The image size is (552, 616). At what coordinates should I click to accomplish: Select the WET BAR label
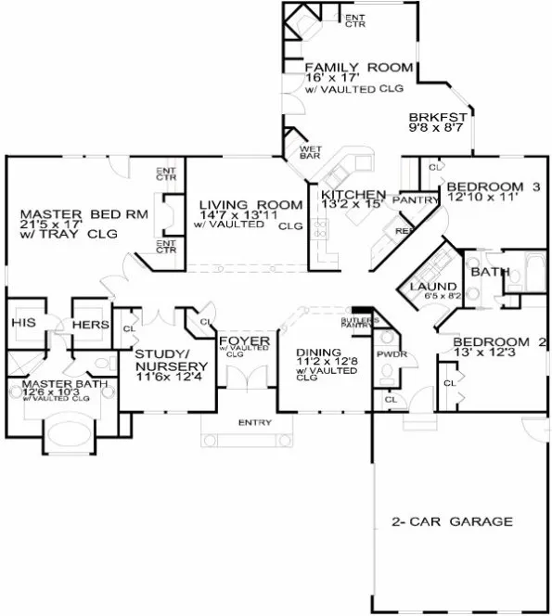309,152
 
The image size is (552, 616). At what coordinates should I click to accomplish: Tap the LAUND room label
431,287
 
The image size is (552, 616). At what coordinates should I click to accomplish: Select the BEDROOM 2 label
499,342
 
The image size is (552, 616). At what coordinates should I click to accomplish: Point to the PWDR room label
388,353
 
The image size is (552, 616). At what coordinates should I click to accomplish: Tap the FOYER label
244,341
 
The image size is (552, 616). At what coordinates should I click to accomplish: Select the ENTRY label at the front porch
254,423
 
